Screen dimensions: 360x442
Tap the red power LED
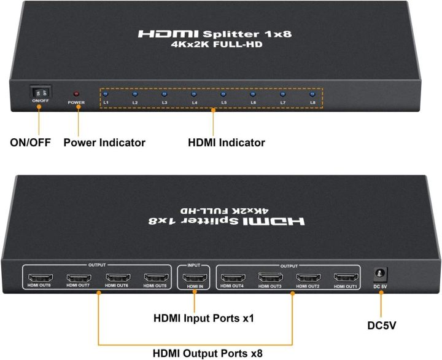coord(77,93)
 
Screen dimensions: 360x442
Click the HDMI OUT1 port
coord(347,277)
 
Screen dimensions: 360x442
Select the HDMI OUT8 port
coord(40,277)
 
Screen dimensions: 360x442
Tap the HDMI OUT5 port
coord(155,277)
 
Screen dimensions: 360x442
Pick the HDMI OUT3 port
coord(270,277)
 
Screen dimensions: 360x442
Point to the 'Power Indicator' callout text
coord(104,143)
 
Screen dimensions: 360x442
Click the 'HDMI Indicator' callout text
coord(227,143)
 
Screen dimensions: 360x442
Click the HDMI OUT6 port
coord(117,277)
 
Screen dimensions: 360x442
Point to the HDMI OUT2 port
coord(309,277)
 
